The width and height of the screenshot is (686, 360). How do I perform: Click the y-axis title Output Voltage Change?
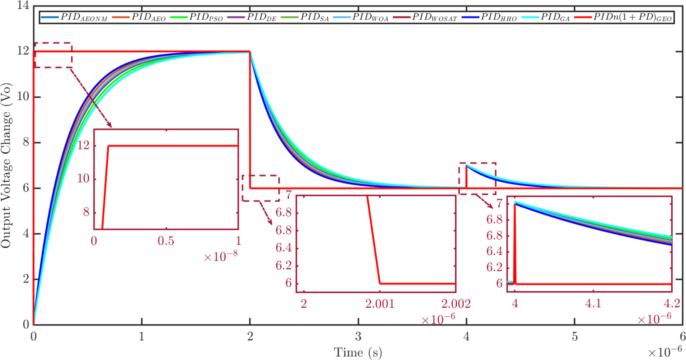point(6,165)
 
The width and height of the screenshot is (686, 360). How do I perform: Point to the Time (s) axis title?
point(358,352)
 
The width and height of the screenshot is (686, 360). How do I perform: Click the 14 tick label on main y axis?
point(23,5)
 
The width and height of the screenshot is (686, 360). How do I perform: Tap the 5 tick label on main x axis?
point(575,337)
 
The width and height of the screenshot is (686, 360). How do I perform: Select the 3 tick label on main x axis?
point(358,337)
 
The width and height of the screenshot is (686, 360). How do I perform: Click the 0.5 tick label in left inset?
point(166,241)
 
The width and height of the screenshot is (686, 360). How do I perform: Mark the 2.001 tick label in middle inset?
point(380,304)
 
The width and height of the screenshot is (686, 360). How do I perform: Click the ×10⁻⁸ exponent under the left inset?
point(221,256)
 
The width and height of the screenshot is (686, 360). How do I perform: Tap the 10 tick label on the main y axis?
point(23,97)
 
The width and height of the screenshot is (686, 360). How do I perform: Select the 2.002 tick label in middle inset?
point(456,304)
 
